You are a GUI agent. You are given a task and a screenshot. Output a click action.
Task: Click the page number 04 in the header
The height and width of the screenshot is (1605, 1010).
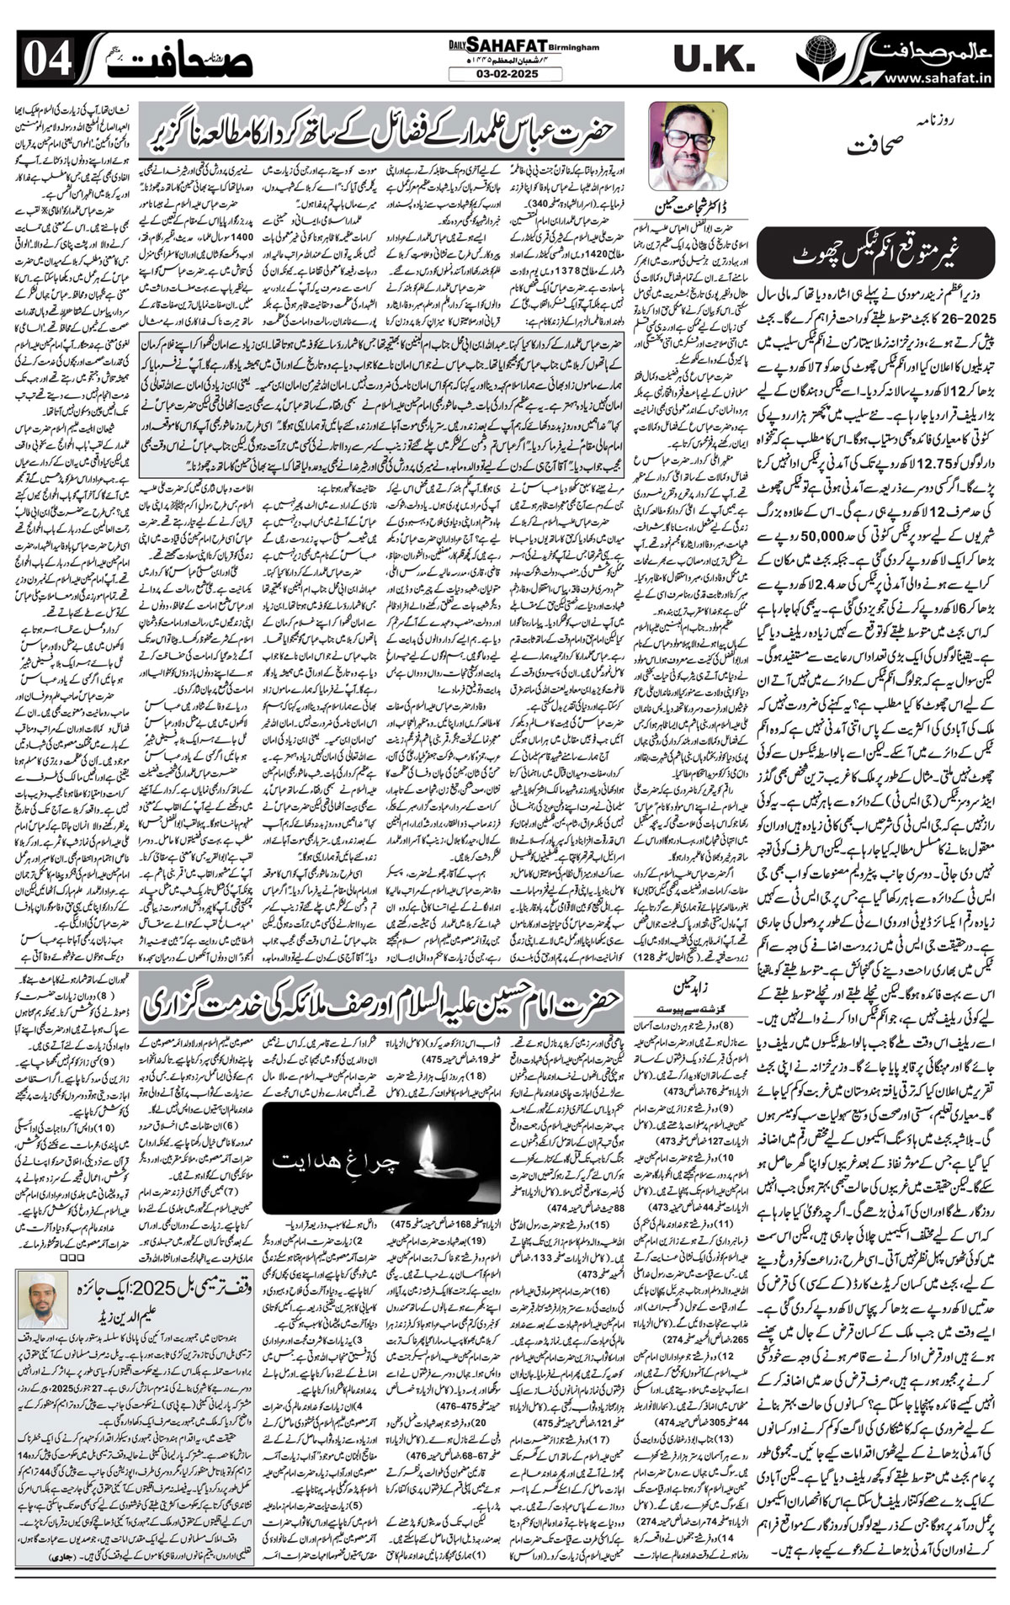click(36, 61)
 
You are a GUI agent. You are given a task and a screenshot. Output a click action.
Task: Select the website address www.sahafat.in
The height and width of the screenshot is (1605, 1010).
click(943, 78)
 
